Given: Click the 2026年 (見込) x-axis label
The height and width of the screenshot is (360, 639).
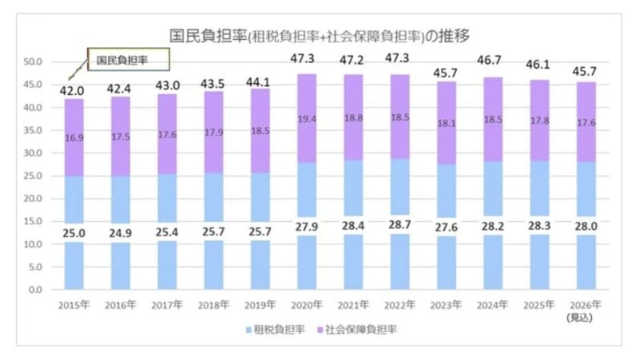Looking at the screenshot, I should pos(585,311).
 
